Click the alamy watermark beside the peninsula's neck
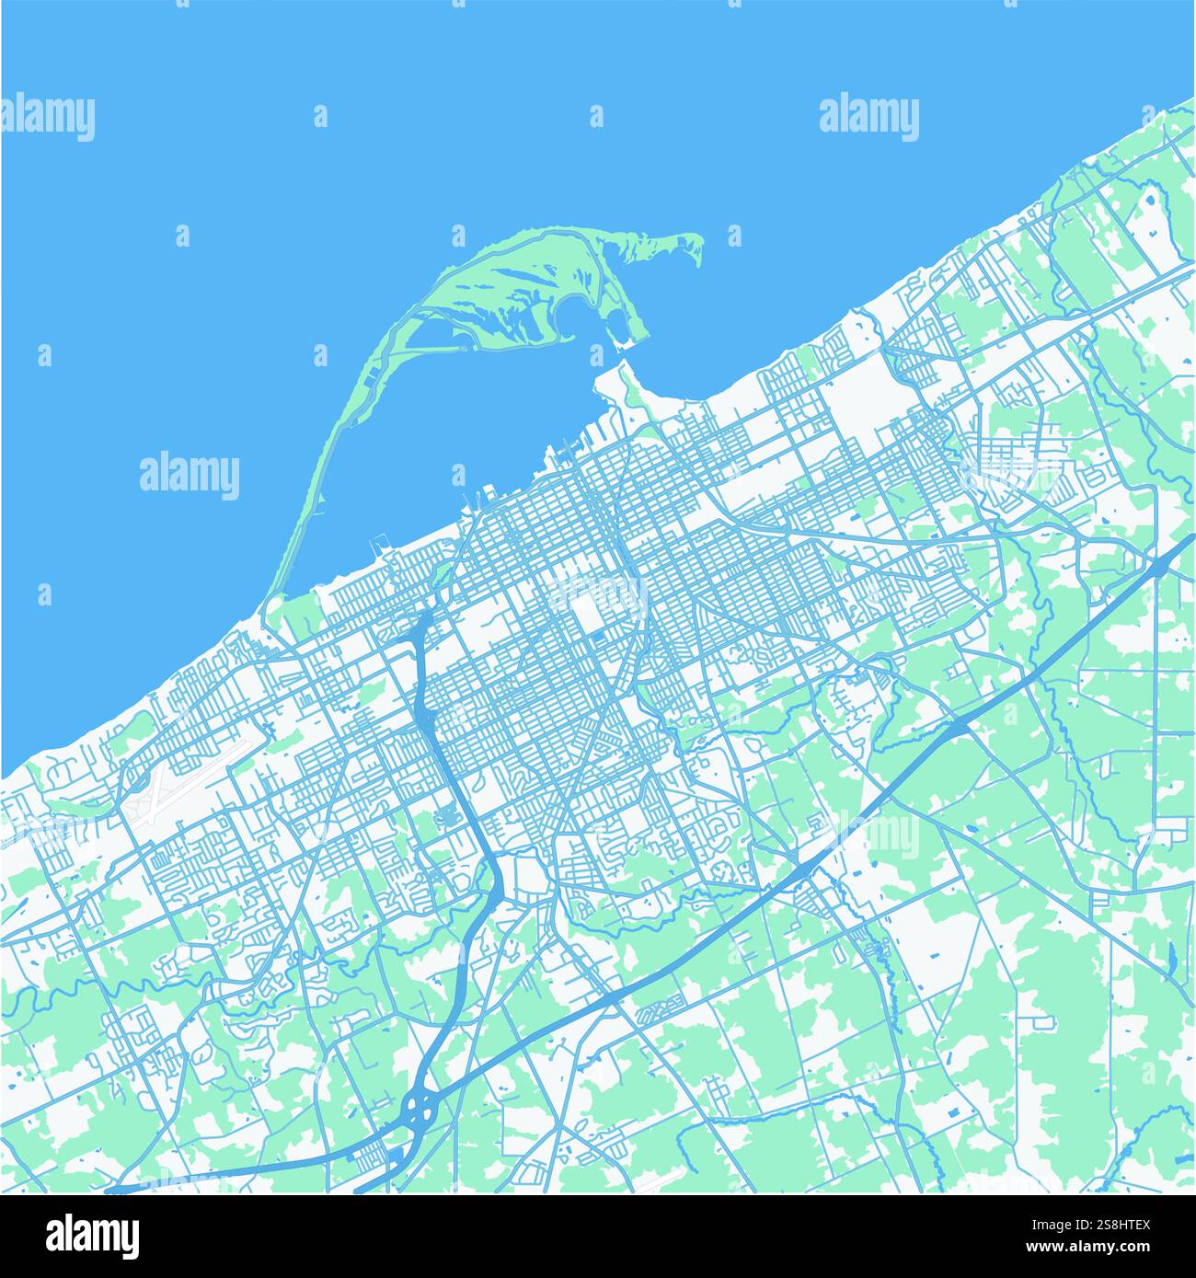point(190,476)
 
